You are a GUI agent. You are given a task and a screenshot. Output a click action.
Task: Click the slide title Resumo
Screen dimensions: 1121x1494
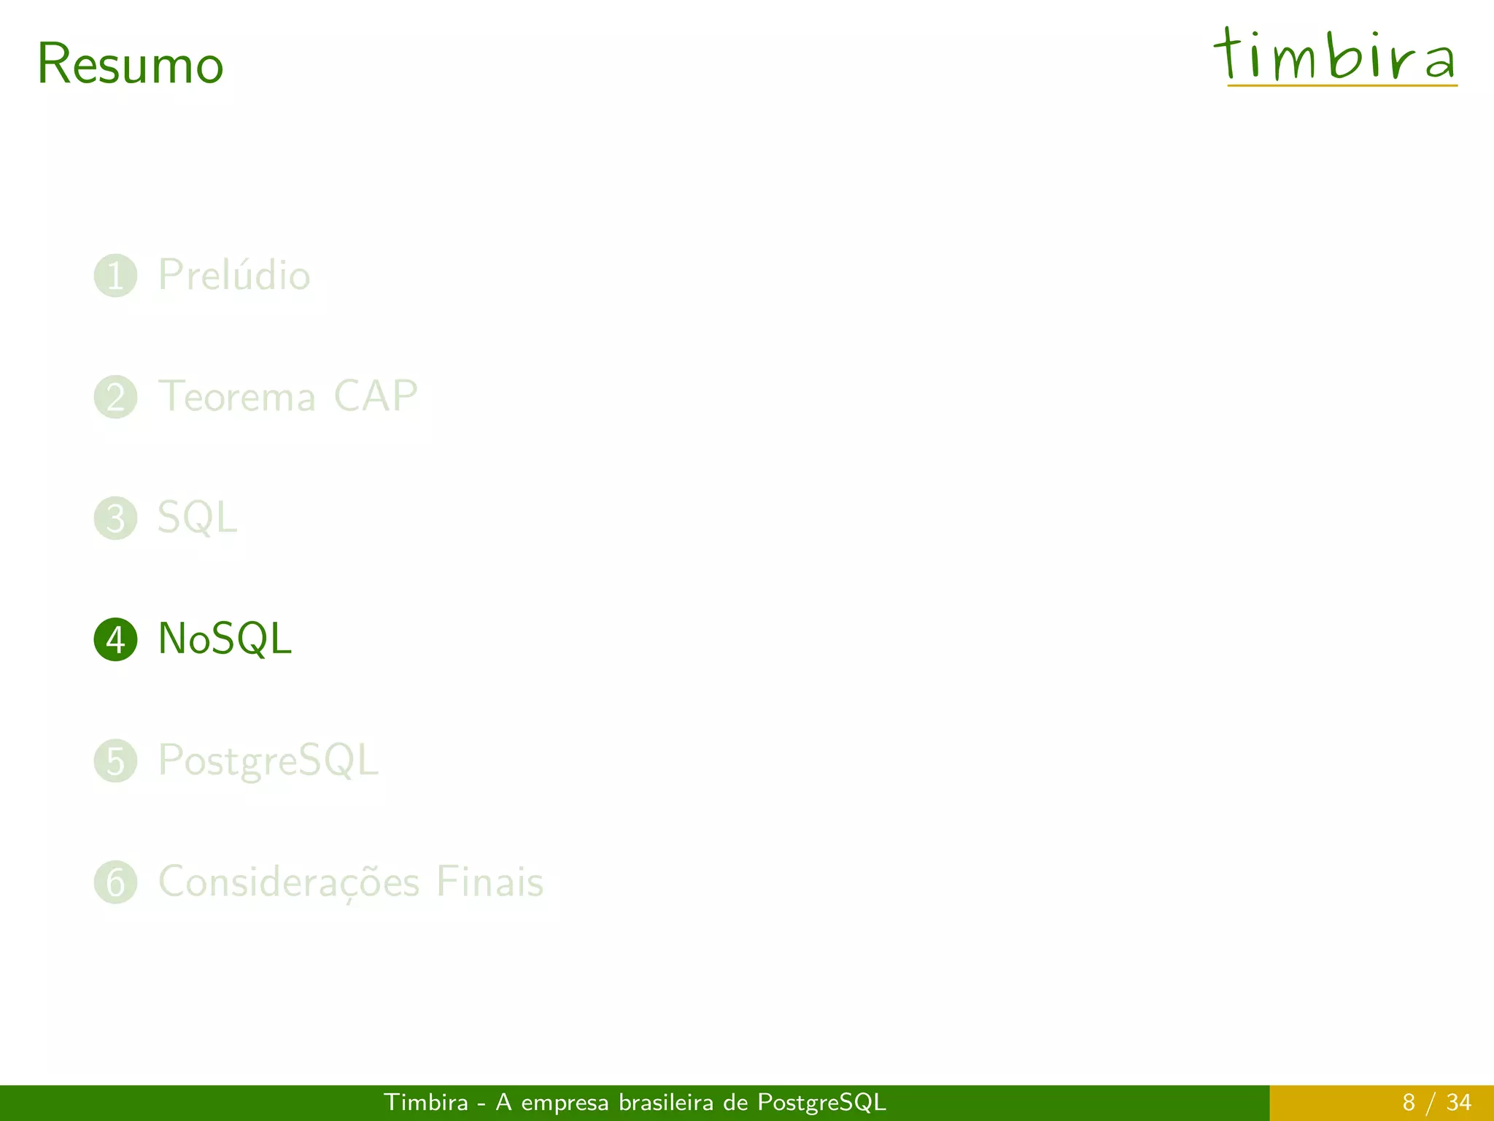pos(130,64)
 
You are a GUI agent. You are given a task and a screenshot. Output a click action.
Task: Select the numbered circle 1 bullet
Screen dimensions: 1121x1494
pos(115,276)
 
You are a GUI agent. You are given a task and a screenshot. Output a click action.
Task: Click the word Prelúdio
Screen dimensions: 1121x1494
pos(234,275)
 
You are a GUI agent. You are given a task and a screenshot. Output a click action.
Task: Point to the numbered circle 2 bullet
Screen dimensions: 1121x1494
pos(115,397)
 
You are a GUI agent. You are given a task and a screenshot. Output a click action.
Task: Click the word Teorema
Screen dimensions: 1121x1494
pos(237,397)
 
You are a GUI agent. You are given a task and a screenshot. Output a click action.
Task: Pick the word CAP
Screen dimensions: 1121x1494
pos(375,396)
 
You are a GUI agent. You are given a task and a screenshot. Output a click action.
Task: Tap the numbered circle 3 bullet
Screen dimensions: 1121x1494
pos(115,518)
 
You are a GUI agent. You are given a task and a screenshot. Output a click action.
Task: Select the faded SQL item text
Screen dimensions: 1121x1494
pos(197,518)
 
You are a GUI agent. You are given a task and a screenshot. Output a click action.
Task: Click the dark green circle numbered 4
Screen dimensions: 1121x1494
pos(115,639)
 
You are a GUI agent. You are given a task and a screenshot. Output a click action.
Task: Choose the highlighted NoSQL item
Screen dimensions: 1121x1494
pos(225,639)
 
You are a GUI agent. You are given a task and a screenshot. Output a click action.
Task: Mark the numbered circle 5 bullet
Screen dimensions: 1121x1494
pos(115,760)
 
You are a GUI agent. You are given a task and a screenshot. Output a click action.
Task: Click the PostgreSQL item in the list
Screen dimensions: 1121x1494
pos(268,760)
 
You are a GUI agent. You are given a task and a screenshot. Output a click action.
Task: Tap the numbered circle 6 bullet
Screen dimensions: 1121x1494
pos(115,882)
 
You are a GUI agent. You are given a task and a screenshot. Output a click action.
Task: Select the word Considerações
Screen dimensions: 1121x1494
pos(289,882)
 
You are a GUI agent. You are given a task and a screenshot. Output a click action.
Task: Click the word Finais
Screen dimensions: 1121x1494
pos(489,882)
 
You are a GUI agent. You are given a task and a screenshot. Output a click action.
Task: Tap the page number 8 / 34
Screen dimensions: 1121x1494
pos(1436,1102)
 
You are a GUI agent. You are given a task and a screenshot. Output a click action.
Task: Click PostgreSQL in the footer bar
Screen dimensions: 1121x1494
pos(821,1103)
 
